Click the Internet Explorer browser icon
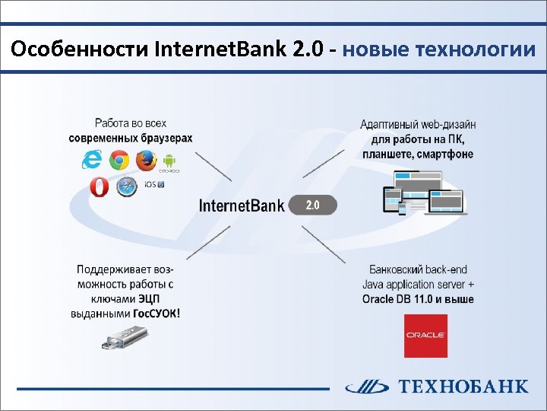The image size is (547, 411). (92, 159)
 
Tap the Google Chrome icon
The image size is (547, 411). (118, 161)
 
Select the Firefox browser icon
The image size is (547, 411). (144, 161)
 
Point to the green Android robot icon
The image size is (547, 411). (169, 160)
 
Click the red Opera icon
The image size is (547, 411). (99, 186)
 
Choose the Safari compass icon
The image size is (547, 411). (127, 186)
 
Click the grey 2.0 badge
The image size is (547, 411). (312, 205)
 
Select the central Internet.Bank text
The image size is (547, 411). (242, 205)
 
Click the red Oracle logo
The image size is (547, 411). (425, 335)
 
